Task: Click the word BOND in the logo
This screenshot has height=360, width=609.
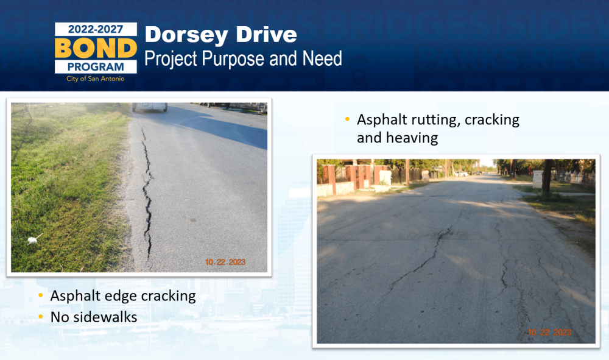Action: pyautogui.click(x=96, y=48)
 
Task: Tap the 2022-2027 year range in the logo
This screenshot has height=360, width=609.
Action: pyautogui.click(x=96, y=29)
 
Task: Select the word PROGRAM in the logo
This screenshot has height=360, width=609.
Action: pyautogui.click(x=96, y=67)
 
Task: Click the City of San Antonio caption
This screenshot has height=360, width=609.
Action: pyautogui.click(x=96, y=79)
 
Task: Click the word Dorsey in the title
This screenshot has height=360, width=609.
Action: pyautogui.click(x=186, y=35)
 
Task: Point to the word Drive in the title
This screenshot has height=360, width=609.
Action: pyautogui.click(x=267, y=34)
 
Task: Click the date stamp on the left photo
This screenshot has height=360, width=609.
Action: pyautogui.click(x=225, y=262)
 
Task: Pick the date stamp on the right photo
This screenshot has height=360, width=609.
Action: pyautogui.click(x=549, y=333)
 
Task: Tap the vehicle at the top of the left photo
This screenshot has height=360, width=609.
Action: pyautogui.click(x=150, y=107)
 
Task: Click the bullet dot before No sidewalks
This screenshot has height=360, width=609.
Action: pyautogui.click(x=41, y=317)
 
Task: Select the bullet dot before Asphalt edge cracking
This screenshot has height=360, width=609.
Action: pyautogui.click(x=41, y=295)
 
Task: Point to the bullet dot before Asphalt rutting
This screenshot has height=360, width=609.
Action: pyautogui.click(x=348, y=119)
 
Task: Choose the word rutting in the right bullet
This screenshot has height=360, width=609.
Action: pyautogui.click(x=436, y=121)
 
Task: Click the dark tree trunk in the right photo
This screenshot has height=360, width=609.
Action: pyautogui.click(x=547, y=177)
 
